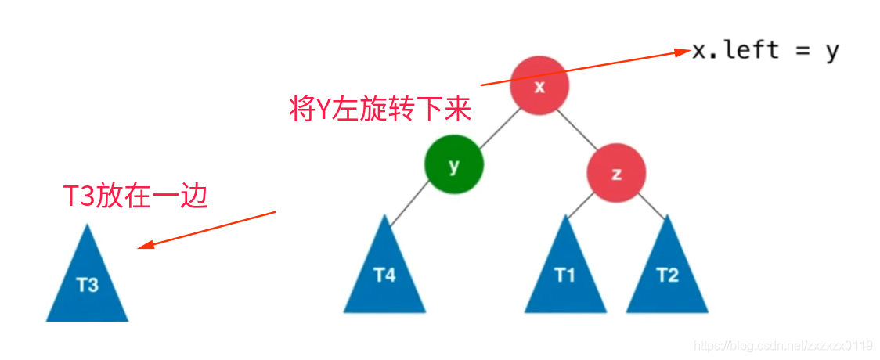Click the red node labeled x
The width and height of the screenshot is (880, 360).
[539, 86]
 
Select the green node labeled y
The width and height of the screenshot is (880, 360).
[454, 165]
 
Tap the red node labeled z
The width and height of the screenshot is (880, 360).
[616, 174]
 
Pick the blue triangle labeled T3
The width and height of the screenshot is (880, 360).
[87, 282]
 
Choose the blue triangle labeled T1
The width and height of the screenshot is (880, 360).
[564, 274]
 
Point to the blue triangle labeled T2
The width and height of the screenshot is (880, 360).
[667, 274]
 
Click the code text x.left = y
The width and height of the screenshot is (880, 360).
[765, 51]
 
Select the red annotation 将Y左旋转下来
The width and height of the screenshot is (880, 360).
[380, 110]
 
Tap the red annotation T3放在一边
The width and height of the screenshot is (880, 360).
[135, 196]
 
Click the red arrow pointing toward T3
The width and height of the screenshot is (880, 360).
[207, 229]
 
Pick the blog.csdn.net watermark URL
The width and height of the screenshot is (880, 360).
[784, 346]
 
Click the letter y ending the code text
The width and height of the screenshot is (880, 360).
[831, 52]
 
